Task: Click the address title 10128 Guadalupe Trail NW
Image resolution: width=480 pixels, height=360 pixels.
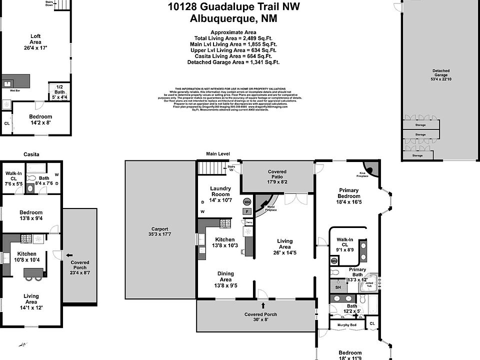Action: [x=234, y=7]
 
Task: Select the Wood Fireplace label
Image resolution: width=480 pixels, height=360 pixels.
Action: [x=270, y=208]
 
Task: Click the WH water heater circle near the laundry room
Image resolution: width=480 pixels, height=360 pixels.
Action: [x=247, y=202]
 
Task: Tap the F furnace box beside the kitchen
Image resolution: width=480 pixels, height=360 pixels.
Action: [x=246, y=211]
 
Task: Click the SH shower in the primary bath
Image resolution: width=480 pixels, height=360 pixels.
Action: [x=337, y=287]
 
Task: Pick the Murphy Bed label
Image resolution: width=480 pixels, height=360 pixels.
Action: [x=347, y=325]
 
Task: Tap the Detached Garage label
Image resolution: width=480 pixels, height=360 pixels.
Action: [x=440, y=73]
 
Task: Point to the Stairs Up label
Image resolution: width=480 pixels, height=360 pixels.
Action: [x=231, y=167]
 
